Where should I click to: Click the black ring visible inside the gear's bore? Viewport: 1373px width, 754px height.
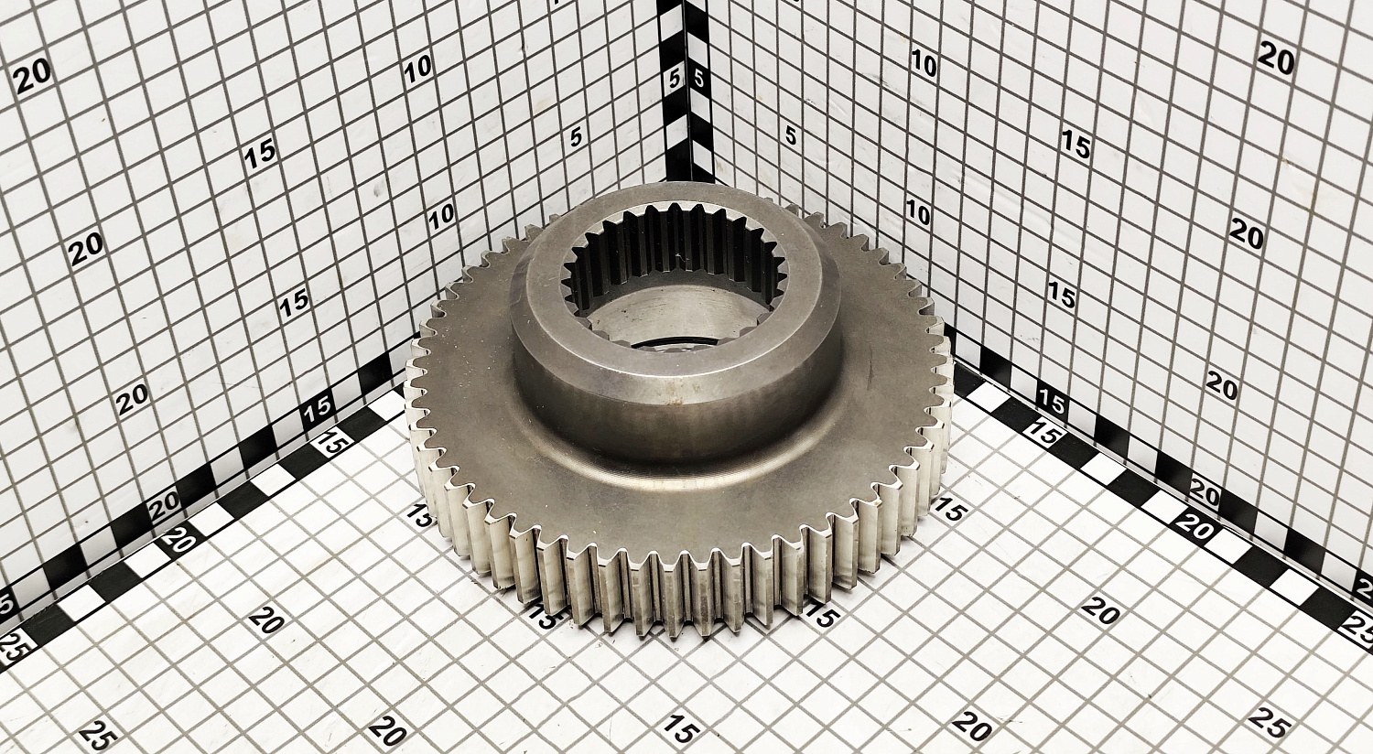click(668, 348)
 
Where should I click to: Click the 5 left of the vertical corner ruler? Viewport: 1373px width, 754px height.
click(675, 79)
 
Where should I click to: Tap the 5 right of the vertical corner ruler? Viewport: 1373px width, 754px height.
click(698, 79)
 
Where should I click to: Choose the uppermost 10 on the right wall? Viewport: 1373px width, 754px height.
click(924, 62)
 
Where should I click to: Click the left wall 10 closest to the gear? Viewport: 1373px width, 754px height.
click(441, 215)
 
